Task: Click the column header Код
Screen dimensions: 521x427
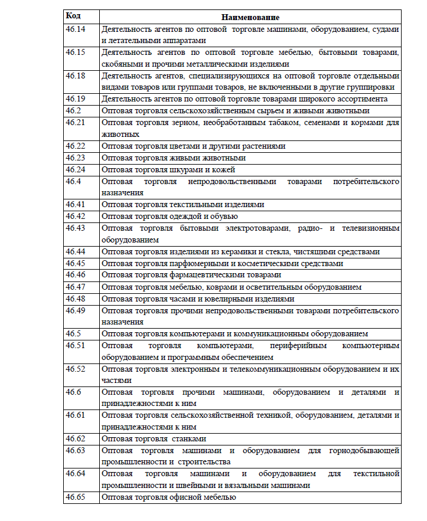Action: [73, 17]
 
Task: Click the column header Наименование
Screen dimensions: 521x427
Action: [250, 18]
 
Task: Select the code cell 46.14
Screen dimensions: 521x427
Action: [75, 29]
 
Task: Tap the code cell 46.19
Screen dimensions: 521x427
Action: [75, 99]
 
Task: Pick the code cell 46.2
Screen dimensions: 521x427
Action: [73, 110]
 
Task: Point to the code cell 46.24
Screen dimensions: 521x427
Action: [75, 169]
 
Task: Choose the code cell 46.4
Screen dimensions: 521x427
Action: [73, 181]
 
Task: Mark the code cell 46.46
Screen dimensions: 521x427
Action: [75, 274]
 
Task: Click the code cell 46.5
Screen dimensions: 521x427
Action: [73, 333]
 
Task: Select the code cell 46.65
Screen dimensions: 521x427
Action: [75, 497]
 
